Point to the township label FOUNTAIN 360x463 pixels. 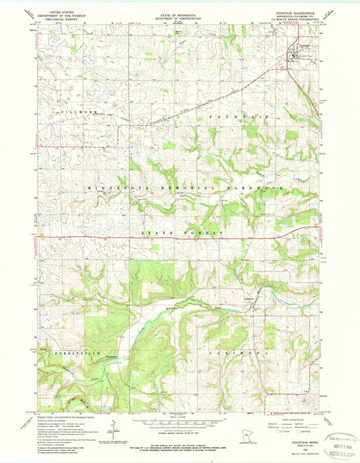tap(239, 117)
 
